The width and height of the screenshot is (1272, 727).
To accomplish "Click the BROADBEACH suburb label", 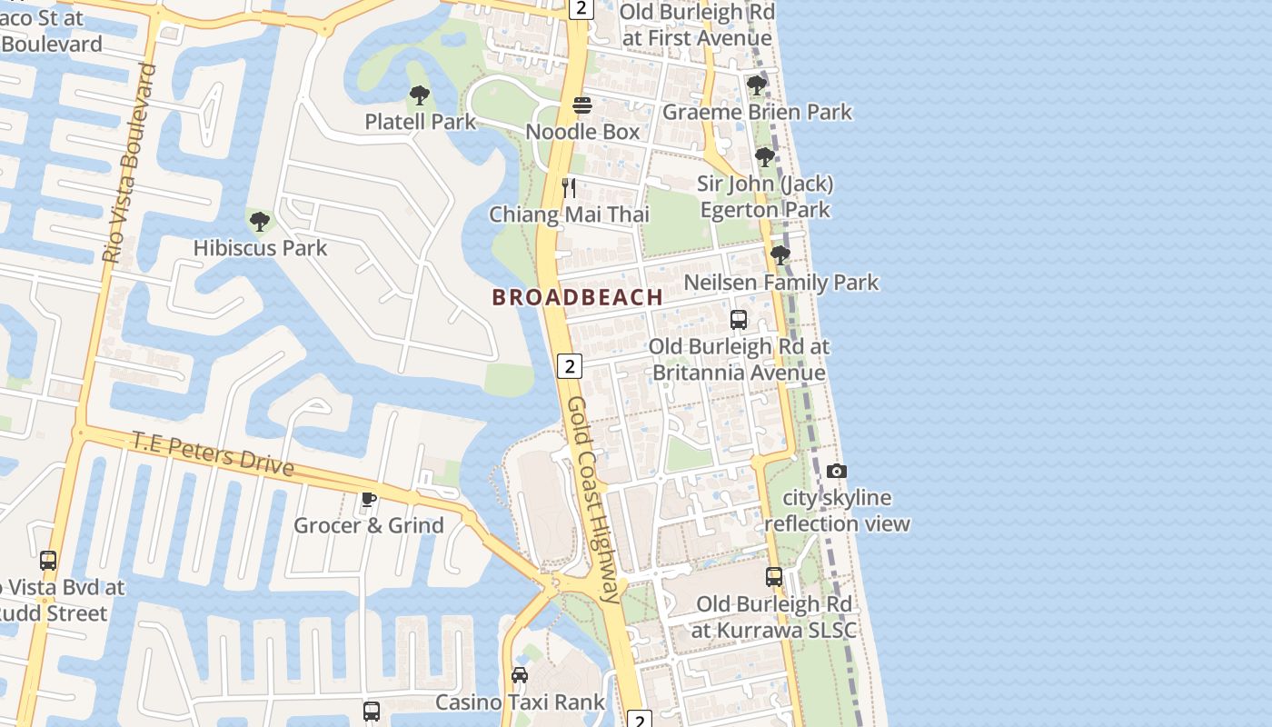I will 577,297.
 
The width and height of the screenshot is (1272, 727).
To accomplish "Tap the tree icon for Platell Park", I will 419,95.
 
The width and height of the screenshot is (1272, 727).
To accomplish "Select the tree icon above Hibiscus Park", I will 260,221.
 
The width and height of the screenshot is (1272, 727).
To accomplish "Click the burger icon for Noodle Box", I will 582,105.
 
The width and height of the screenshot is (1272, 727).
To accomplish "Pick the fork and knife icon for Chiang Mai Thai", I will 569,188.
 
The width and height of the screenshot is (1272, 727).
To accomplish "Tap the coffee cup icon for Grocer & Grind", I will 368,499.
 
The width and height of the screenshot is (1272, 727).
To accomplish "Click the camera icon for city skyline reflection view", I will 837,471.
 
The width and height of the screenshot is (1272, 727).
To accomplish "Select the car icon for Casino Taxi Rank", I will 519,675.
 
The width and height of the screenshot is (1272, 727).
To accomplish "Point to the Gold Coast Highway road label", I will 596,500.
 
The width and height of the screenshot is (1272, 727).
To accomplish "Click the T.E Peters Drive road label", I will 214,453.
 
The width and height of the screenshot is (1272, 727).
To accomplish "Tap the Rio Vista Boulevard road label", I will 129,164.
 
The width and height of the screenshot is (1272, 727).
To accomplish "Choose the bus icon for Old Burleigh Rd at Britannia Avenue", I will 739,320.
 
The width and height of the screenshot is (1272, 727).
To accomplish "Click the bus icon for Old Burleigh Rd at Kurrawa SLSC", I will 773,577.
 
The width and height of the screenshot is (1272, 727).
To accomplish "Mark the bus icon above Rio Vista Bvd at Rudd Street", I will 48,561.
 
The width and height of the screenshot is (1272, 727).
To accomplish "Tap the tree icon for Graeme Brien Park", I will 756,85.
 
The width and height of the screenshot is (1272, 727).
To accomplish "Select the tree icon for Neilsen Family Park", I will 780,255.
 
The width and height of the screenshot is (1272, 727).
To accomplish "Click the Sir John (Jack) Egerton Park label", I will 765,197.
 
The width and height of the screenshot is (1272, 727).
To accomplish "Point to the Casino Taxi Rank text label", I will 520,702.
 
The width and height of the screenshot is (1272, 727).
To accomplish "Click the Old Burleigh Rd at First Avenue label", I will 697,25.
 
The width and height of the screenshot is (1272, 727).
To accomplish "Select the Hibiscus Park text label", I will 260,247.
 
